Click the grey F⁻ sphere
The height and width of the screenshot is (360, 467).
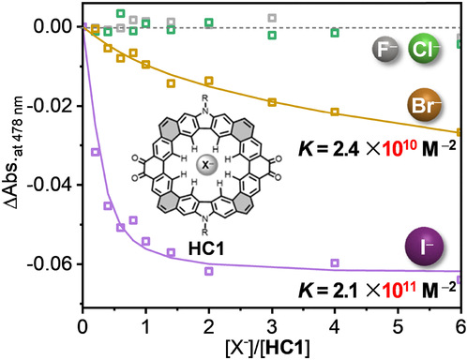[x=385, y=49]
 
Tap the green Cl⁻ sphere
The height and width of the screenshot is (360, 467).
[x=424, y=48]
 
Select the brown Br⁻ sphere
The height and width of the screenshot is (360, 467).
[x=424, y=105]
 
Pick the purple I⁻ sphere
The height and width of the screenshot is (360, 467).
[x=424, y=247]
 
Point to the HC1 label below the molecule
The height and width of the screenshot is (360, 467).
[x=206, y=249]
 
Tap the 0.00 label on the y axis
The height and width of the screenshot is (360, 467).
[x=53, y=26]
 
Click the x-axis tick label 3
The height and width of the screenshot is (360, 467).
[x=272, y=326]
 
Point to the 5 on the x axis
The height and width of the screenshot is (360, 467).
[x=398, y=326]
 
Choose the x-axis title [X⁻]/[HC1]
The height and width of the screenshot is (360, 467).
[x=267, y=347]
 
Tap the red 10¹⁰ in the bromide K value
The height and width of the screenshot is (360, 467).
[x=399, y=148]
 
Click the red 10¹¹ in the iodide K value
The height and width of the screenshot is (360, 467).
[x=399, y=290]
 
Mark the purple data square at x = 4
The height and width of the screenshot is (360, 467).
[x=335, y=262]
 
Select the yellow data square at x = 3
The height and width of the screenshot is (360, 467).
[x=272, y=102]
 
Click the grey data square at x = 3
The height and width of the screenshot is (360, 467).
[x=272, y=18]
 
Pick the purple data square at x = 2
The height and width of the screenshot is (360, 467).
[x=209, y=271]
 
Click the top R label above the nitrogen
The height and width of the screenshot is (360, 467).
[x=204, y=98]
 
